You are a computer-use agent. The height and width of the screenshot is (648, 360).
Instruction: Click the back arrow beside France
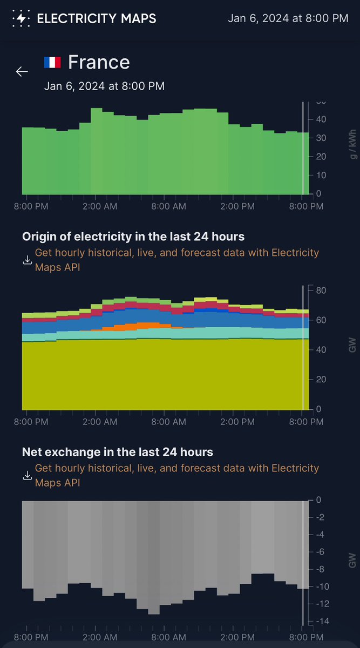coord(22,71)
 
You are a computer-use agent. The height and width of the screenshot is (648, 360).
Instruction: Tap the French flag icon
coord(52,62)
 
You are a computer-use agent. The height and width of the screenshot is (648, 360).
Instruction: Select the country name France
coord(99,62)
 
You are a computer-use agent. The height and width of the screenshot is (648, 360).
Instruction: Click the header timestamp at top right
coord(288,18)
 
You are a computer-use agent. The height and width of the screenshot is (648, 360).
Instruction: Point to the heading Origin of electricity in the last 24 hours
coord(133,237)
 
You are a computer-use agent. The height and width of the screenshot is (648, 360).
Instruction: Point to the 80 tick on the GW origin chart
coord(320,291)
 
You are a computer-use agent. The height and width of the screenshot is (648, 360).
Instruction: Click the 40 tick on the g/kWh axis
coord(320,119)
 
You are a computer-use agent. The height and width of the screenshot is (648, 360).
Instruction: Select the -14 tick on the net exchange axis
coord(320,621)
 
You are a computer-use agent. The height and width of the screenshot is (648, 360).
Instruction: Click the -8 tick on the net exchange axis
coord(320,569)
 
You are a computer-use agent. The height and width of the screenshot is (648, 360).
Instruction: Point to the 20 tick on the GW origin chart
coord(320,380)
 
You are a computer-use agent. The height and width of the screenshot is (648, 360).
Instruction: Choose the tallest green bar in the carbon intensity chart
coord(96,151)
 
